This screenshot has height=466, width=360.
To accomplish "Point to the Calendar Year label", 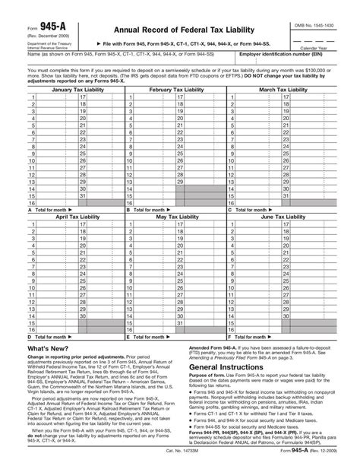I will (x=330, y=48).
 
